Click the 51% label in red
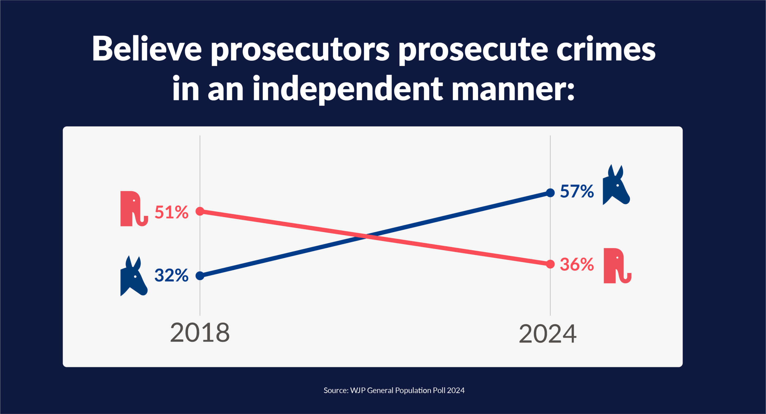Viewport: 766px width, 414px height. (x=171, y=212)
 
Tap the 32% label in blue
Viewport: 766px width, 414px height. (x=171, y=275)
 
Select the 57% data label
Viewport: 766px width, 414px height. (x=577, y=191)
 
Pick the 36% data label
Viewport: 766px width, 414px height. (x=577, y=264)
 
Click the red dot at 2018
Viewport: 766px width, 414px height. (x=200, y=211)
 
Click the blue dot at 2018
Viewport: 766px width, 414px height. (x=200, y=276)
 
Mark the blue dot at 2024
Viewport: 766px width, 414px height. (x=550, y=193)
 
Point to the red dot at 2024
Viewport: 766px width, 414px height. (x=550, y=264)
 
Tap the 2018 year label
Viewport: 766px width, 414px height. (x=200, y=333)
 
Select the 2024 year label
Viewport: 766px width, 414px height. (x=548, y=334)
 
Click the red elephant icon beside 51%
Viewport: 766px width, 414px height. (x=133, y=209)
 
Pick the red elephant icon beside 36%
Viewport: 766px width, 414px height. (x=616, y=266)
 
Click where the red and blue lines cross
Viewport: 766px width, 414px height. (x=366, y=236)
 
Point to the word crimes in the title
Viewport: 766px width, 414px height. (x=606, y=49)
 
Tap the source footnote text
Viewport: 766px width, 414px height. (x=394, y=390)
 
